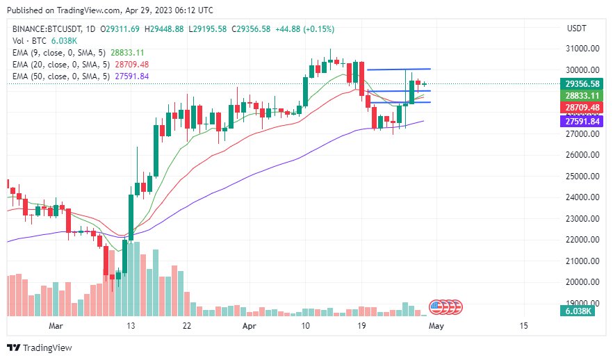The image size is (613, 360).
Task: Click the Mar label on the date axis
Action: point(56,325)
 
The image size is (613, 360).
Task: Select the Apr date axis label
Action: point(250,325)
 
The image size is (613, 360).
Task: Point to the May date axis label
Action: point(436,325)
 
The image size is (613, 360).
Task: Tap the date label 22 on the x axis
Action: point(187,325)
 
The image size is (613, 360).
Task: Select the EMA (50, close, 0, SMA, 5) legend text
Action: point(61,76)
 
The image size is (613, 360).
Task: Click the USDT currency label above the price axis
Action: point(577,28)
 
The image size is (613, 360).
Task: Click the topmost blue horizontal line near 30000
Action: point(399,69)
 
